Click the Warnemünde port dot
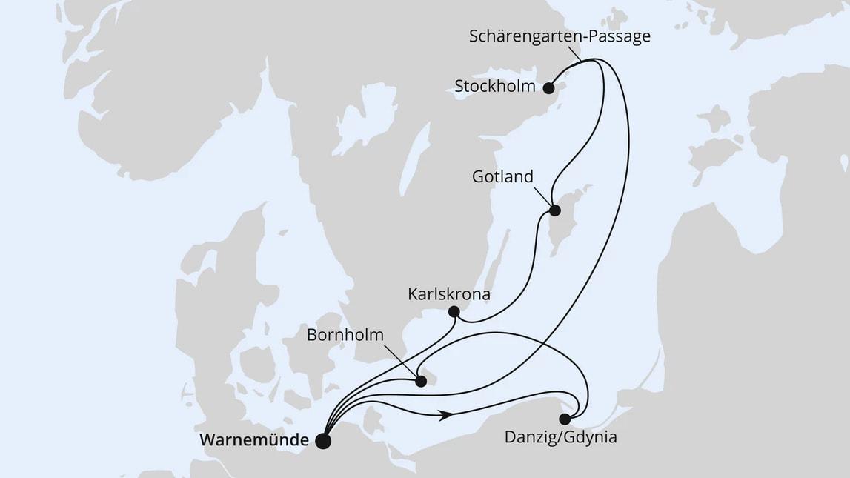click(x=323, y=441)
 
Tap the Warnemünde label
click(x=254, y=440)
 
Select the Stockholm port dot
click(x=549, y=88)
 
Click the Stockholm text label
click(x=495, y=86)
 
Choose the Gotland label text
click(x=502, y=177)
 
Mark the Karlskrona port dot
click(x=454, y=312)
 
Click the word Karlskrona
click(x=449, y=294)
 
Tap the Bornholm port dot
click(x=421, y=382)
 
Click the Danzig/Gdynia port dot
click(x=565, y=419)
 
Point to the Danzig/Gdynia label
click(x=560, y=437)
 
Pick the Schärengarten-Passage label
click(x=560, y=36)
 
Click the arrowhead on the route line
click(x=446, y=416)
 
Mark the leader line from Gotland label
click(x=542, y=196)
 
